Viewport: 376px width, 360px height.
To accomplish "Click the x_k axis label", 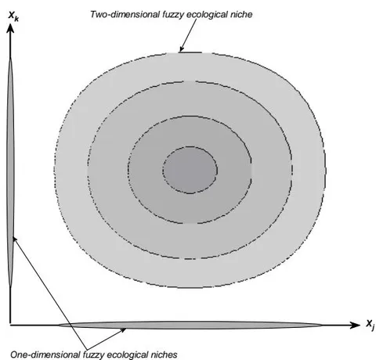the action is (x=13, y=16).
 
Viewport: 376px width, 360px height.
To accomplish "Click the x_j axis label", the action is (x=371, y=325).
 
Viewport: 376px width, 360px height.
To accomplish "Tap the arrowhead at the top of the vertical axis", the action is (x=10, y=28).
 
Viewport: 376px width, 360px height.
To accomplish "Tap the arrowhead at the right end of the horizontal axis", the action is (x=355, y=325).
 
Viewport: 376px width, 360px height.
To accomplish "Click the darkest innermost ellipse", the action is (x=190, y=170).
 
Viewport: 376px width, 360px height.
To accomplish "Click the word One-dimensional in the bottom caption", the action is (x=45, y=355).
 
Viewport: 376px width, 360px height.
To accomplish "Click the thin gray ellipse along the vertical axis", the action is (x=10, y=172).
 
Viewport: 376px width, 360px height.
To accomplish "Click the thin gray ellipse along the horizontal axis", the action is (x=190, y=325).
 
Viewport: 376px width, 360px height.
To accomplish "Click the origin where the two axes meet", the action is (x=10, y=325).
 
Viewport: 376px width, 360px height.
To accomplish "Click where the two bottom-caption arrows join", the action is (x=87, y=350).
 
